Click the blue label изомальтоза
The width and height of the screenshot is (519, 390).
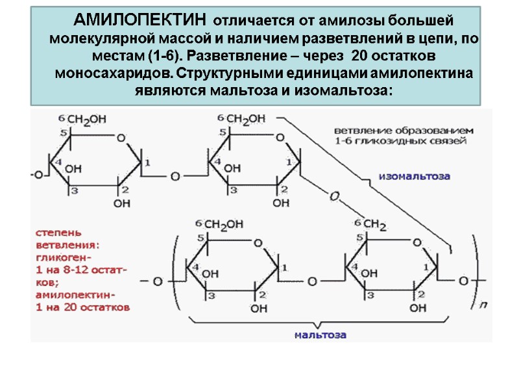[415, 176]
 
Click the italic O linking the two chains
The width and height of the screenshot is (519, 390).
[335, 195]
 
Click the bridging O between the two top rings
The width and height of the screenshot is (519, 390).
[174, 175]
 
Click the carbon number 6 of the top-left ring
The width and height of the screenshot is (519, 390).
[62, 118]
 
